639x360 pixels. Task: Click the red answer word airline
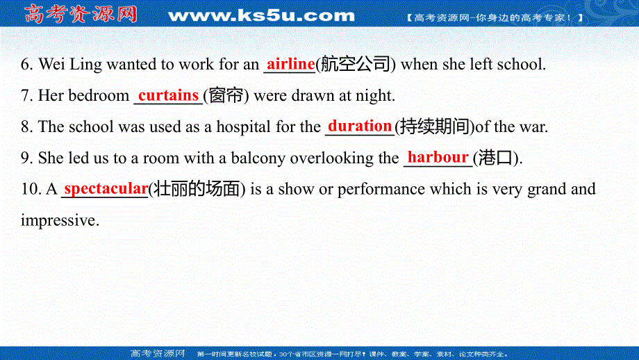290,64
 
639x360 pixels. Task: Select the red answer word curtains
168,95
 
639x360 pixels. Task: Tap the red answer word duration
360,126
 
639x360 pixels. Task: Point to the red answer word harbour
438,157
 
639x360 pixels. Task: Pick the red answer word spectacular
106,188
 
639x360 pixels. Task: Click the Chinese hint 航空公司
356,65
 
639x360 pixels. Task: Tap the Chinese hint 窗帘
226,96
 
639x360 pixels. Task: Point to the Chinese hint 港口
497,158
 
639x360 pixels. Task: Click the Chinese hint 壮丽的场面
197,189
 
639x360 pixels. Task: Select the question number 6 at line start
27,65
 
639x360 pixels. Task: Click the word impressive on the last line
59,220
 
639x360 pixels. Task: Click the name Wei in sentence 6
52,65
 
